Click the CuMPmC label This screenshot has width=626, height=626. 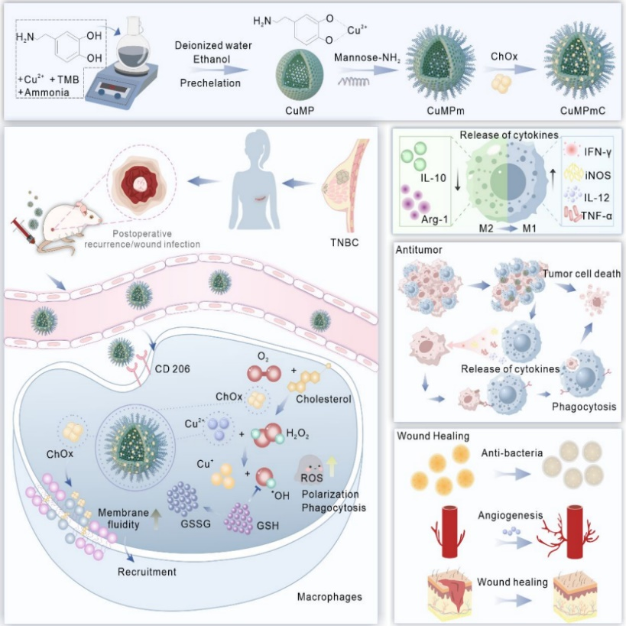coord(582,112)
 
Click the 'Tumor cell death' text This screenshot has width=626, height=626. coord(582,275)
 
